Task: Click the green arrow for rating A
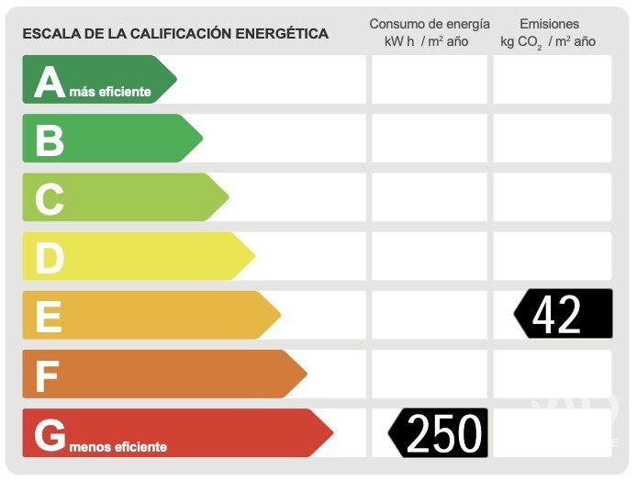point(96,80)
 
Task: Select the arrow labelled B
point(110,139)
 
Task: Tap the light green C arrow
point(124,197)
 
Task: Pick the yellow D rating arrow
point(138,256)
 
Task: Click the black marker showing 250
point(440,432)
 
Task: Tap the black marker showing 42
point(563,314)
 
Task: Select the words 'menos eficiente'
point(117,447)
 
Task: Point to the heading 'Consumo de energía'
point(430,24)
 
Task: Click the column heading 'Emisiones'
point(549,24)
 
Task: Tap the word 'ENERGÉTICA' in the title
point(285,34)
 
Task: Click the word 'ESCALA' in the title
point(48,34)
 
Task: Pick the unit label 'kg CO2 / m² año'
point(548,41)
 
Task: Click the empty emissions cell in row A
point(552,80)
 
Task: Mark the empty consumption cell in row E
point(430,315)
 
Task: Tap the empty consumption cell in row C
point(430,197)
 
